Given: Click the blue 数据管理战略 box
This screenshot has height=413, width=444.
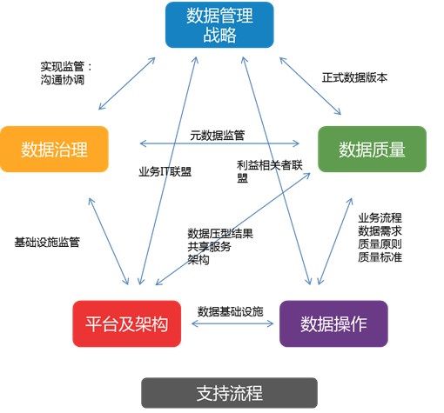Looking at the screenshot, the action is (219, 25).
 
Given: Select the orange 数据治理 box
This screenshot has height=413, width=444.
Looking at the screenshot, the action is (54, 149).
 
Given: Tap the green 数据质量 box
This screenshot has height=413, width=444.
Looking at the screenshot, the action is (372, 149).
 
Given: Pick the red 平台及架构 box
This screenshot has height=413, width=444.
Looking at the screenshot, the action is (127, 323).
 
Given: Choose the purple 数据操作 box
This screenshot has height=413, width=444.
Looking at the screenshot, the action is (333, 323).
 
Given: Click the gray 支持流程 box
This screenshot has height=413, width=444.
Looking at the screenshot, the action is (229, 393).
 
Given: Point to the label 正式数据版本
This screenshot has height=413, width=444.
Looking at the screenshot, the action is (354, 77).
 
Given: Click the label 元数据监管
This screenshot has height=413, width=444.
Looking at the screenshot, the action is (218, 135).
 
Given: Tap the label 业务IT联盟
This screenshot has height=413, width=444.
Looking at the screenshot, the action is (165, 172).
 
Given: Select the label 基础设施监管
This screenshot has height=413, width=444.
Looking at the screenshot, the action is (47, 242).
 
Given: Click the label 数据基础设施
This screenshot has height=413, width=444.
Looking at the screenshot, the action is (230, 311).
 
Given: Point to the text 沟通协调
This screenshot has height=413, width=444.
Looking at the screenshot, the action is (63, 80).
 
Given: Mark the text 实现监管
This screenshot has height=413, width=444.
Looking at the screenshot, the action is (63, 67).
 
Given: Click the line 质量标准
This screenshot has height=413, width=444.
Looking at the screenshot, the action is (380, 256).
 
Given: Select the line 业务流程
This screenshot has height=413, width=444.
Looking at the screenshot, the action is (380, 217).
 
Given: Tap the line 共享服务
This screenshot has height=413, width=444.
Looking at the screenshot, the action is (209, 247).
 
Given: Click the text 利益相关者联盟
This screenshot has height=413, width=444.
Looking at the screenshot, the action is (270, 171).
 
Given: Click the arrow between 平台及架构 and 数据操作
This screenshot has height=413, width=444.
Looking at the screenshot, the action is (232, 323).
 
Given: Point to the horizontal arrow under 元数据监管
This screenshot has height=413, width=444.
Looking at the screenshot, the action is (219, 143).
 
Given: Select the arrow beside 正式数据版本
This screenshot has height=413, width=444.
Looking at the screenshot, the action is (310, 86).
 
